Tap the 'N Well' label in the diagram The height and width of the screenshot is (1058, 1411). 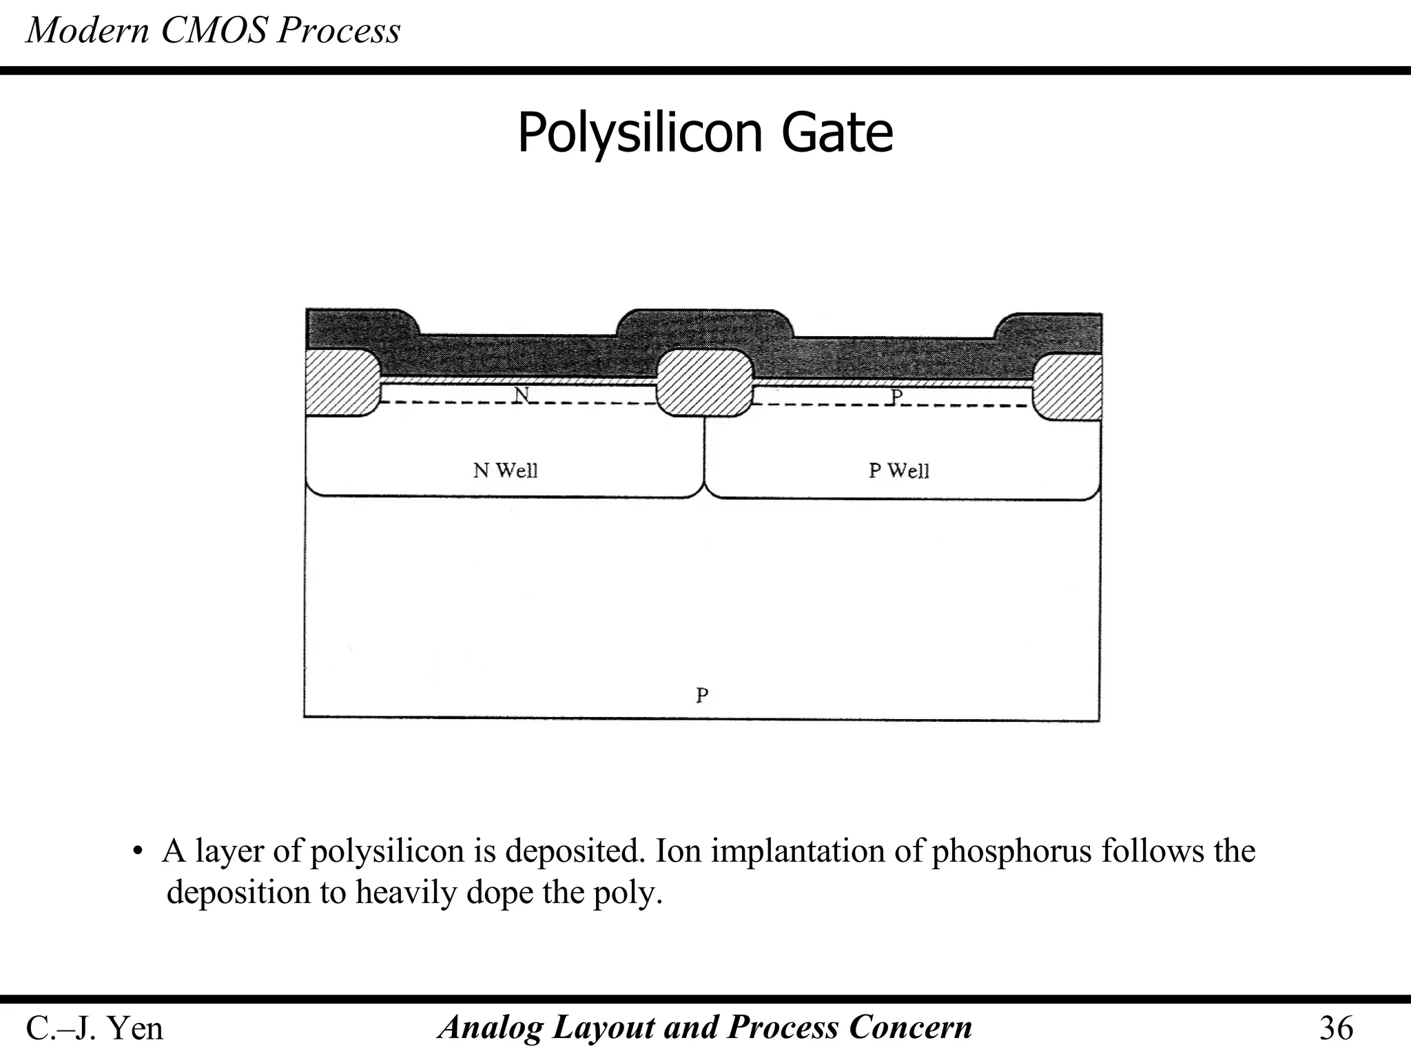[505, 470]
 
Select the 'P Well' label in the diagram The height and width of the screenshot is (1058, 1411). [898, 470]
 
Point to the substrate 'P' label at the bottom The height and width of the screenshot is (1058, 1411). [702, 695]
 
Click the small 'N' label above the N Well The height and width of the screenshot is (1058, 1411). [522, 395]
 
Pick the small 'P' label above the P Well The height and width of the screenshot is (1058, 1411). [896, 397]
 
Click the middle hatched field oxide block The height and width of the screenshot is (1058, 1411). [704, 383]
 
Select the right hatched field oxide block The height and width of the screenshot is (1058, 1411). [1069, 387]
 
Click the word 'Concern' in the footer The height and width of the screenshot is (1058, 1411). [910, 1028]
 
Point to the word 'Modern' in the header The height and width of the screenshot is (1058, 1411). [87, 31]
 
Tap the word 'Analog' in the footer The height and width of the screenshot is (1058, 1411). [491, 1028]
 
